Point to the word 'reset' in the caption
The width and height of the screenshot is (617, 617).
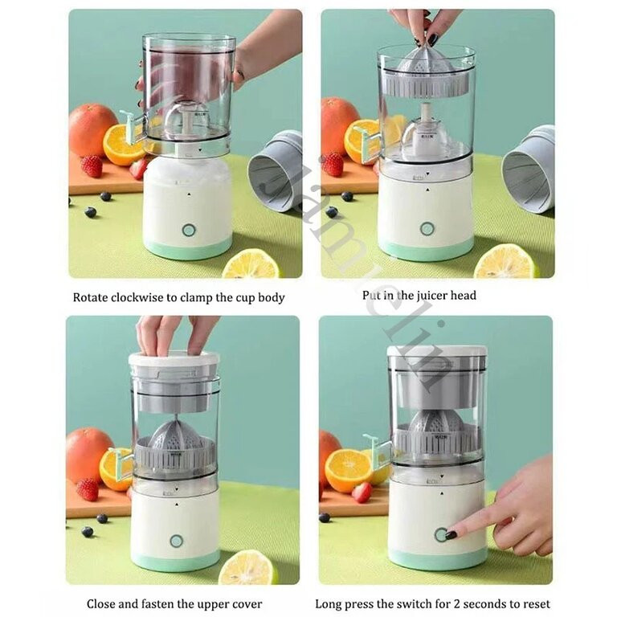pyautogui.click(x=535, y=604)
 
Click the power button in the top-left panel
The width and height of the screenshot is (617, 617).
pyautogui.click(x=189, y=231)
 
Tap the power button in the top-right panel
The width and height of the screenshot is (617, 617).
pyautogui.click(x=427, y=229)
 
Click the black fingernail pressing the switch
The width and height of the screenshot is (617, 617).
pyautogui.click(x=451, y=535)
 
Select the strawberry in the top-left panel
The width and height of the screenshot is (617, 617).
pyautogui.click(x=92, y=166)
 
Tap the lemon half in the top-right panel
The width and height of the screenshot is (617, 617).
pyautogui.click(x=505, y=262)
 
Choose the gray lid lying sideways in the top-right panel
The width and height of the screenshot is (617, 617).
pyautogui.click(x=529, y=170)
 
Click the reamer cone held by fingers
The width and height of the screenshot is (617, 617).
pyautogui.click(x=426, y=63)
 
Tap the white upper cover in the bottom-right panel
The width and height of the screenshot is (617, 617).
pyautogui.click(x=437, y=351)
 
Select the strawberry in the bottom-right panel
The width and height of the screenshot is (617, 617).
pyautogui.click(x=362, y=492)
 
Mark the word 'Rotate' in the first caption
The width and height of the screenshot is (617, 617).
pyautogui.click(x=90, y=297)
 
